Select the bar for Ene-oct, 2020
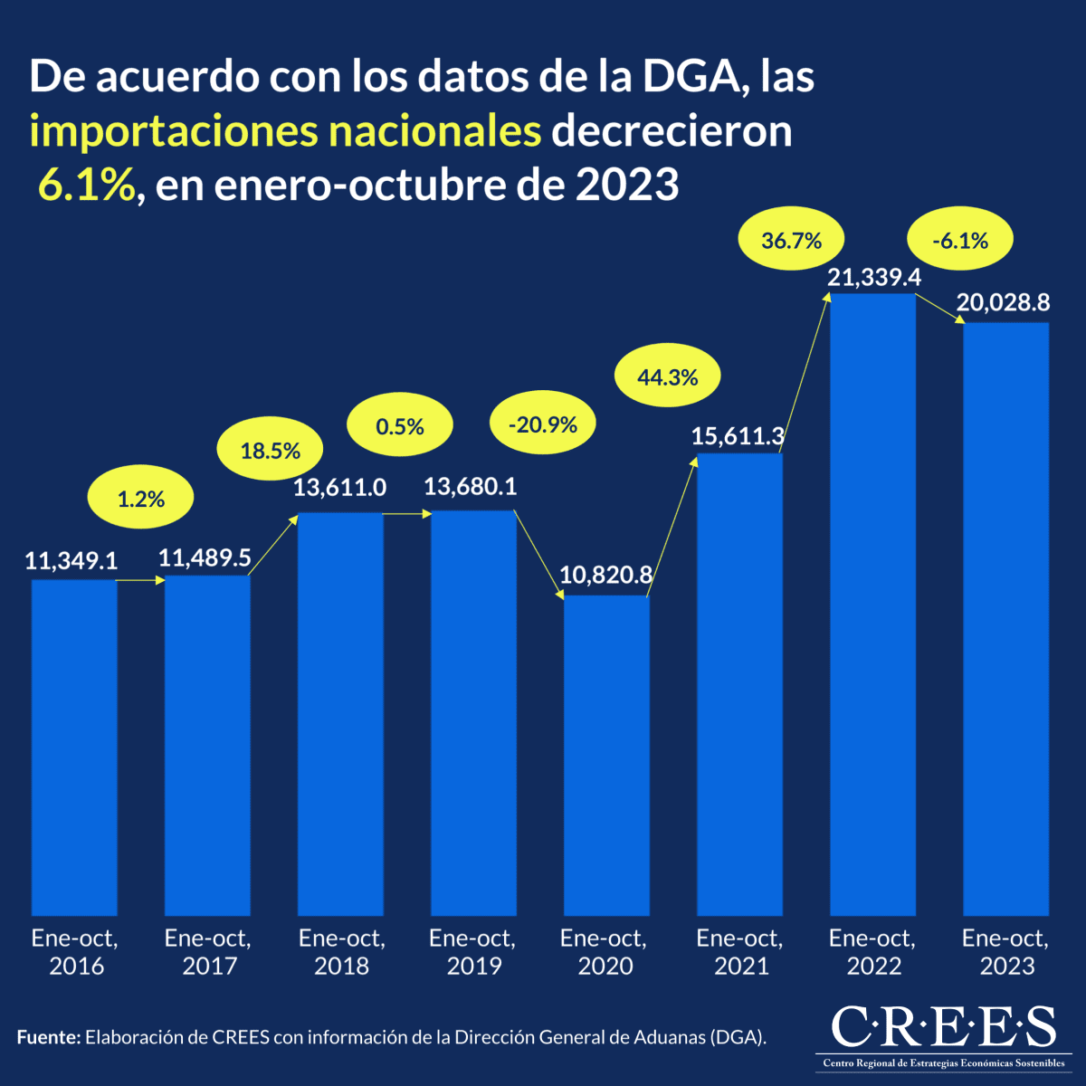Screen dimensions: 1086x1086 click(x=606, y=755)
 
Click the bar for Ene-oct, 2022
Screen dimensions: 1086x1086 click(x=872, y=605)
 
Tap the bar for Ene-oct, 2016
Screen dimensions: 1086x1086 click(x=74, y=748)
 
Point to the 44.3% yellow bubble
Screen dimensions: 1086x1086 click(x=668, y=377)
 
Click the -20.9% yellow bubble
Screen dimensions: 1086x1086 click(x=542, y=424)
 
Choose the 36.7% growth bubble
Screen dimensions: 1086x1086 click(x=792, y=241)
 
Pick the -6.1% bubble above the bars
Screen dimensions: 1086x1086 click(x=959, y=241)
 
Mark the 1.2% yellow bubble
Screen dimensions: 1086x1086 click(x=141, y=499)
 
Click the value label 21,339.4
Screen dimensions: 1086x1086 click(x=874, y=278)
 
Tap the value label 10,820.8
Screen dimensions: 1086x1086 click(x=605, y=575)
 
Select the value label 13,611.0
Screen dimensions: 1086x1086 click(x=339, y=488)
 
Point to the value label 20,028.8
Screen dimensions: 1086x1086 click(x=1003, y=303)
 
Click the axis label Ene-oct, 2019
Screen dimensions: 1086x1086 click(x=473, y=952)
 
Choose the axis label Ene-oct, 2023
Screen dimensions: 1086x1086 click(x=1005, y=952)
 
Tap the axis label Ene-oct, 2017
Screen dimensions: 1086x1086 click(x=208, y=952)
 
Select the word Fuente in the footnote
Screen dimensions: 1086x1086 click(x=48, y=1037)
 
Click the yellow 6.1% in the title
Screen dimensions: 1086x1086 click(x=87, y=186)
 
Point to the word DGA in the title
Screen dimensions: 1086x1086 click(x=695, y=77)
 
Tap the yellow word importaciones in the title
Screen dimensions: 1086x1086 click(x=172, y=131)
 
